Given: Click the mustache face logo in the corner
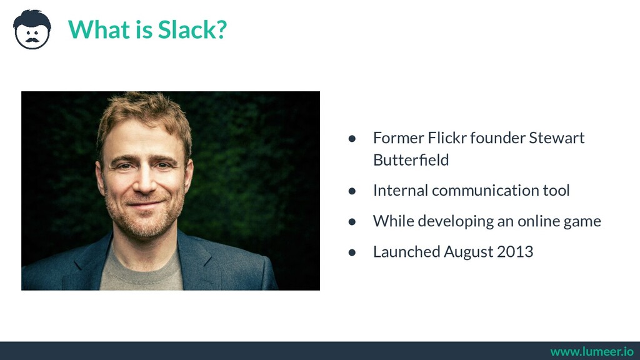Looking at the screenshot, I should [32, 29].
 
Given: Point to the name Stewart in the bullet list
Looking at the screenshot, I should [556, 137].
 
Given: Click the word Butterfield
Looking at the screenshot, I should [411, 160].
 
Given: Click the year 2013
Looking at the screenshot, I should [515, 252].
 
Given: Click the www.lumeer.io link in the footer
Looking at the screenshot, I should [592, 352].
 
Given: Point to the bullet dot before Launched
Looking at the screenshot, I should [352, 252].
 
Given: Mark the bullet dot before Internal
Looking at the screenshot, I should [352, 191].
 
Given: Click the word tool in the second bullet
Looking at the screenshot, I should [556, 190].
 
